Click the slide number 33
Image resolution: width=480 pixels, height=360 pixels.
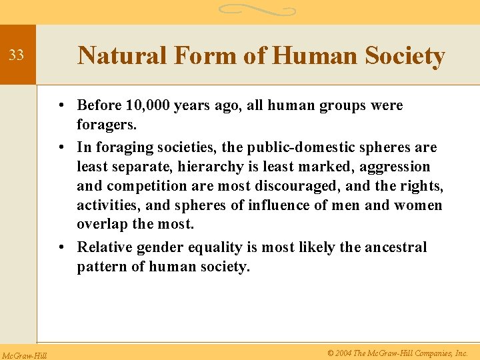point(16,55)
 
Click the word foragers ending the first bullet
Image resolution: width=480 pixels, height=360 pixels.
point(107,125)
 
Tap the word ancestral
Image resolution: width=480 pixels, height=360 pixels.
point(395,247)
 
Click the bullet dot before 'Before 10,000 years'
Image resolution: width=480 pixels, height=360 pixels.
point(60,106)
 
